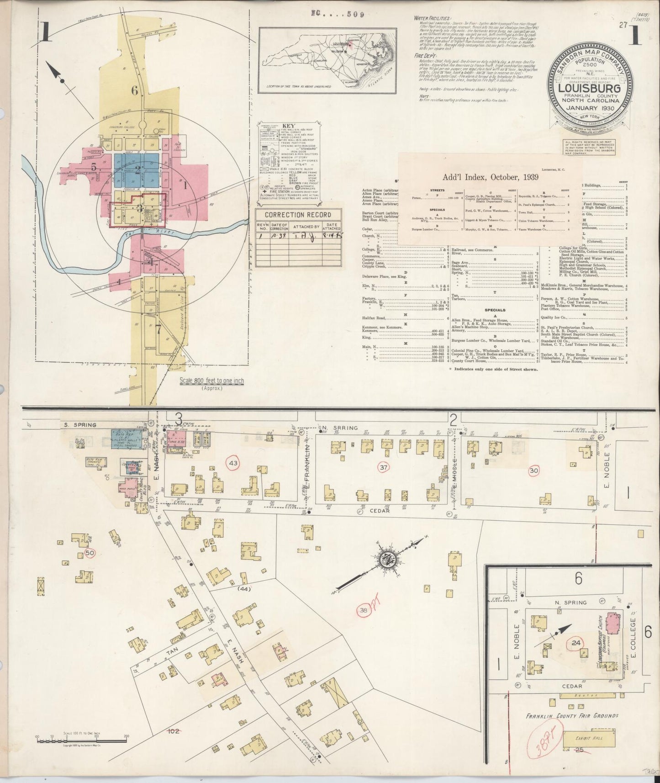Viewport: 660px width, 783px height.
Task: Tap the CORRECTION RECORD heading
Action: pyautogui.click(x=298, y=215)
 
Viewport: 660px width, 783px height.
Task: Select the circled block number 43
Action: pyautogui.click(x=233, y=463)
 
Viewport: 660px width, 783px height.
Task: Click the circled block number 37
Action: pyautogui.click(x=384, y=467)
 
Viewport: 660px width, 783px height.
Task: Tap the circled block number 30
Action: pyautogui.click(x=533, y=471)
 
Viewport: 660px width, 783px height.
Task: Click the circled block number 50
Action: pyautogui.click(x=90, y=554)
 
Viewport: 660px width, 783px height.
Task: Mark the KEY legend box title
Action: pyautogui.click(x=289, y=126)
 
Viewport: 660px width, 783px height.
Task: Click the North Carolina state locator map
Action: pyautogui.click(x=327, y=59)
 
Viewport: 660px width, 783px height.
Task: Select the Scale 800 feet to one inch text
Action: pyautogui.click(x=211, y=381)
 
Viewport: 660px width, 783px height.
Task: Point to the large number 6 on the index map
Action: pyautogui.click(x=134, y=90)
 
